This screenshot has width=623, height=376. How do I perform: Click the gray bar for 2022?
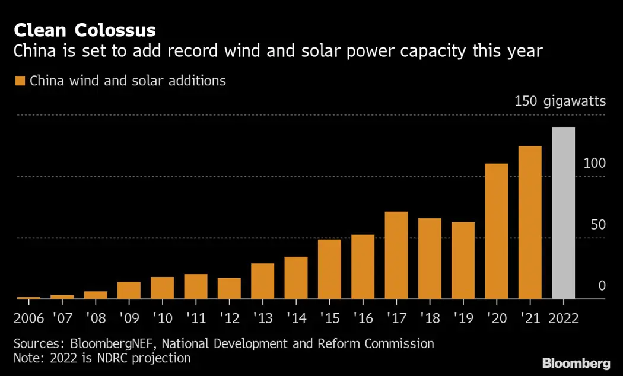563,213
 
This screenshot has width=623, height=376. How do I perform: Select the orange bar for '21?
530,222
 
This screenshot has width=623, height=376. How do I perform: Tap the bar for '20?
497,231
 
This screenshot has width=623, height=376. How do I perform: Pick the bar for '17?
396,255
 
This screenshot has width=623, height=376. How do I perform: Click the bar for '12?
229,288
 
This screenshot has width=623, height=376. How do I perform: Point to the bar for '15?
329,269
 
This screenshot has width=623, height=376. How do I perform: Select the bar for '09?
129,290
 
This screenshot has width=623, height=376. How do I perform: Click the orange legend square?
20,81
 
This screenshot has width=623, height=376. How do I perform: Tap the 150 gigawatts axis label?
560,101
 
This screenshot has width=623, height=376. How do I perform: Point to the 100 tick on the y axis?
595,163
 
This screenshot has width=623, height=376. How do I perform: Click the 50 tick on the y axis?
598,225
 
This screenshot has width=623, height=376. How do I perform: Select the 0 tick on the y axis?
602,286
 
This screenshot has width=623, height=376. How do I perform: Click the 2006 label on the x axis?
28,318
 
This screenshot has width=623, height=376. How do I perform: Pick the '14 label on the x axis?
295,318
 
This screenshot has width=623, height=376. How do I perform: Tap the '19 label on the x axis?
463,318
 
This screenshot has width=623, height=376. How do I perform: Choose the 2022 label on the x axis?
563,318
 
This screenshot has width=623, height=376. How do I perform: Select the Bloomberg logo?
576,362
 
